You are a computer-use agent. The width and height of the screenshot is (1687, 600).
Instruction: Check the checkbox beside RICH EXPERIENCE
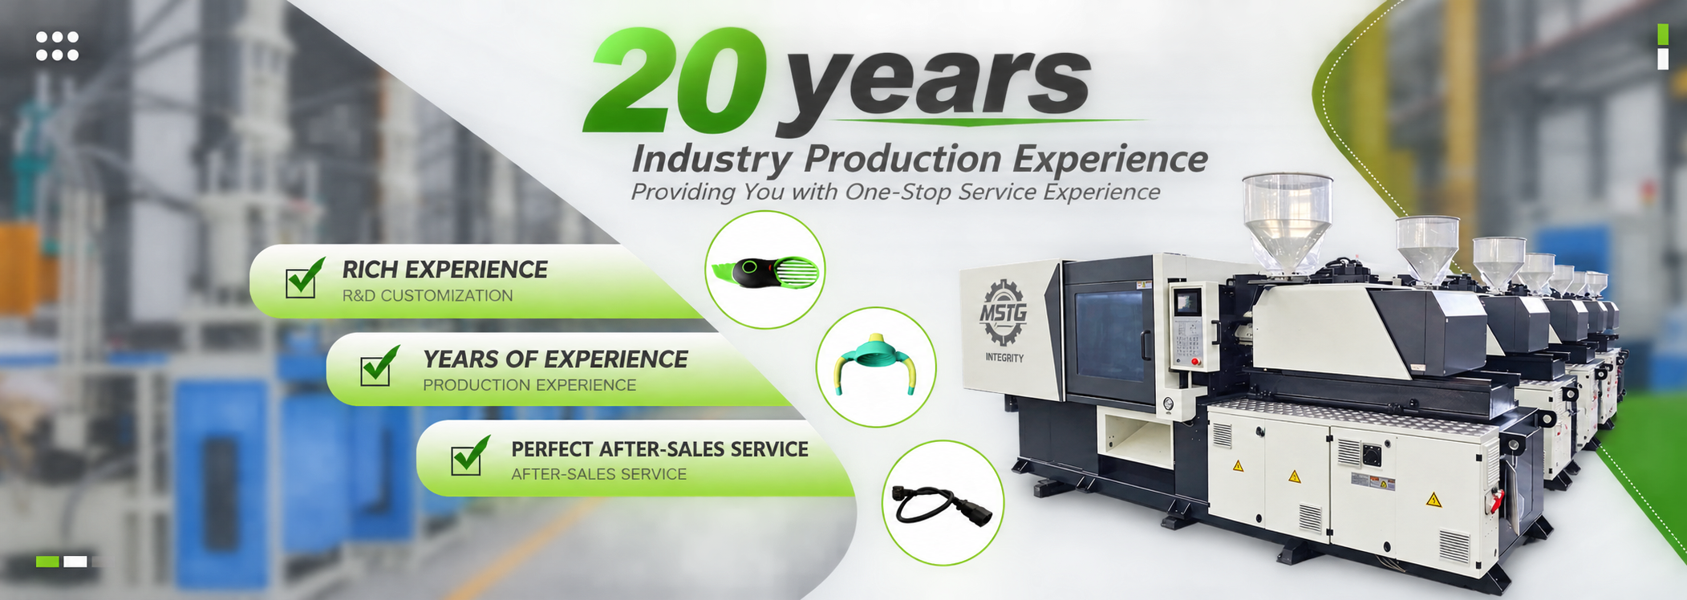tap(303, 279)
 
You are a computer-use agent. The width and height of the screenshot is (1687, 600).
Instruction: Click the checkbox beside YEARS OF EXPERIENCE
tap(379, 367)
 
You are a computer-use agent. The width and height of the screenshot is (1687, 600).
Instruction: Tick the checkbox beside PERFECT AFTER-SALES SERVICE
tap(468, 456)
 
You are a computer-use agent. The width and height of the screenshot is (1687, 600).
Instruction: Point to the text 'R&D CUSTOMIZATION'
tap(428, 295)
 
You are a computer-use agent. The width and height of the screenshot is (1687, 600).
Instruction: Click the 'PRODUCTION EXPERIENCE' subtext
tap(529, 385)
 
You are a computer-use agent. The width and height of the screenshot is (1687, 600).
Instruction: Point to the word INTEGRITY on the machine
tap(1004, 358)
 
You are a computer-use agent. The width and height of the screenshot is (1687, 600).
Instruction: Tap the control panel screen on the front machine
tap(1185, 302)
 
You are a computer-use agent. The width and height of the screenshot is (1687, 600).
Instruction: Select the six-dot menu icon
tap(57, 46)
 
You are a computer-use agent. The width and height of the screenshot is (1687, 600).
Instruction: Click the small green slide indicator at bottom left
tap(47, 561)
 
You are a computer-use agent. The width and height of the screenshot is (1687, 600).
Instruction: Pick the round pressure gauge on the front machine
tap(1167, 405)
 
